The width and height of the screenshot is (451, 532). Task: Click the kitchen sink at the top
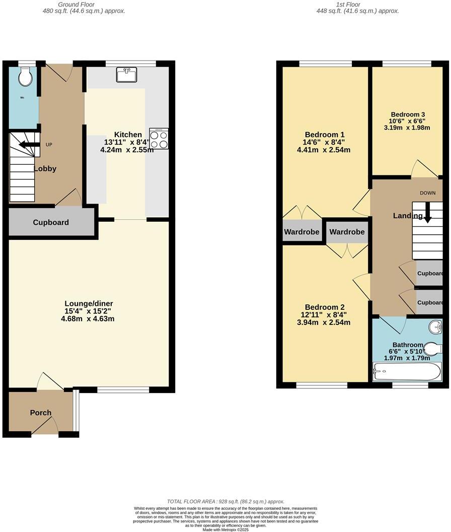[x=126, y=75]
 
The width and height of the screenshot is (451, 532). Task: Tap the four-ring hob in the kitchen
[x=159, y=139]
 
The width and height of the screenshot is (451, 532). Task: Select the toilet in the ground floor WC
[x=24, y=77]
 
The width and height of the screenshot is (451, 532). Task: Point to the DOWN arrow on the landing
[x=427, y=213]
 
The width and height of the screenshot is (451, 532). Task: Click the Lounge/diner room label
[x=89, y=303]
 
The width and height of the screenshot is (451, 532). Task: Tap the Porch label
[x=41, y=413]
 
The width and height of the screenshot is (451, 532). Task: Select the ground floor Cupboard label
[x=51, y=222]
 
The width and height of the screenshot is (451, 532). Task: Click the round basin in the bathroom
[x=436, y=327]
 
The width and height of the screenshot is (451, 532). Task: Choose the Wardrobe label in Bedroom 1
[x=302, y=232]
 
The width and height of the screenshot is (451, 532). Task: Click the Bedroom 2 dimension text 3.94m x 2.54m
[x=324, y=322]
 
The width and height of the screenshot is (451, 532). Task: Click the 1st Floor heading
[x=348, y=5]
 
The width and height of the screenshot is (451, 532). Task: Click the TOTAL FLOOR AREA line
[x=225, y=501]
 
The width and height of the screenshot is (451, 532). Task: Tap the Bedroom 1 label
[x=325, y=135]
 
